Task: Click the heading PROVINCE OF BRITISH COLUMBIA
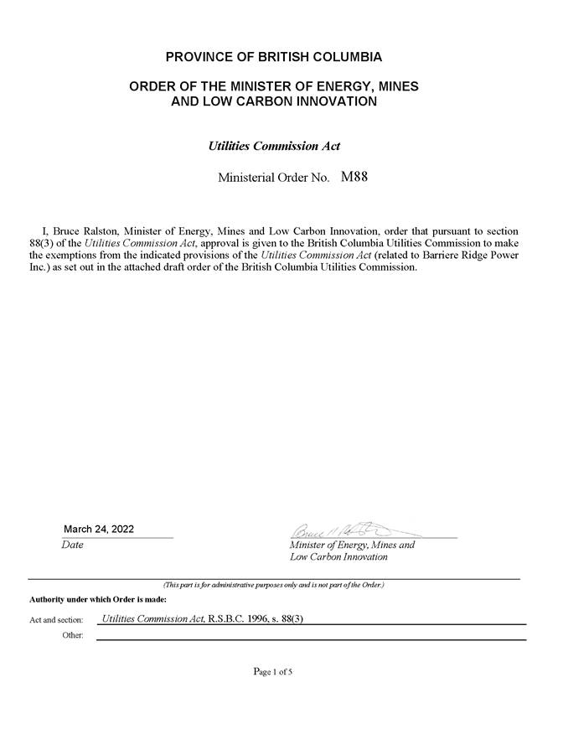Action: pos(274,57)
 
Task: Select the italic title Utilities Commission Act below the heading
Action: pos(274,145)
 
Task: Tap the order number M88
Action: pos(355,177)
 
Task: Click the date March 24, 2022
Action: pos(99,529)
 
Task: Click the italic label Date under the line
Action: pos(72,545)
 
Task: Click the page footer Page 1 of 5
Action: pos(273,671)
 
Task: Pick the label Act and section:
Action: pos(56,620)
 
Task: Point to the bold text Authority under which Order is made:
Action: pos(97,599)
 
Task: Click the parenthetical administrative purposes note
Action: pos(273,584)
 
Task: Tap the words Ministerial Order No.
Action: pos(273,178)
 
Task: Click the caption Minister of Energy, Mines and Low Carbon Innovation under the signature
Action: pos(352,551)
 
